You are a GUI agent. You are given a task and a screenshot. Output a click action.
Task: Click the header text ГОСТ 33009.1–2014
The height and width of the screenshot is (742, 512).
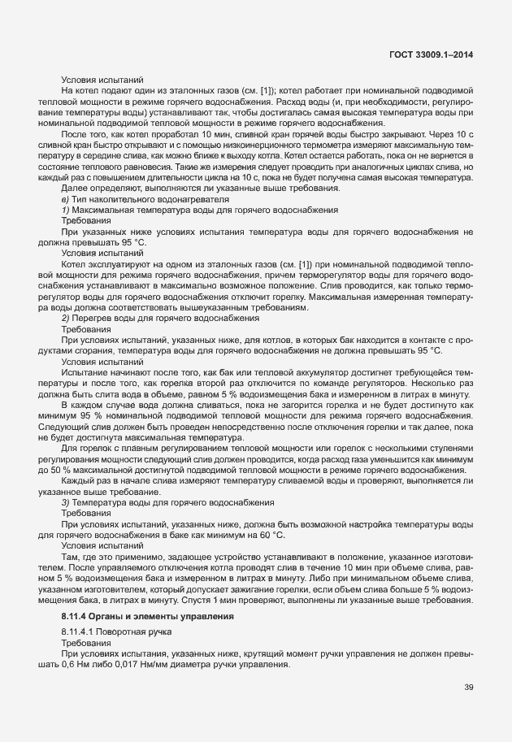point(431,54)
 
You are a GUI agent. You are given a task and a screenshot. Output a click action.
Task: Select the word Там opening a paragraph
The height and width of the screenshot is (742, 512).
point(70,557)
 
